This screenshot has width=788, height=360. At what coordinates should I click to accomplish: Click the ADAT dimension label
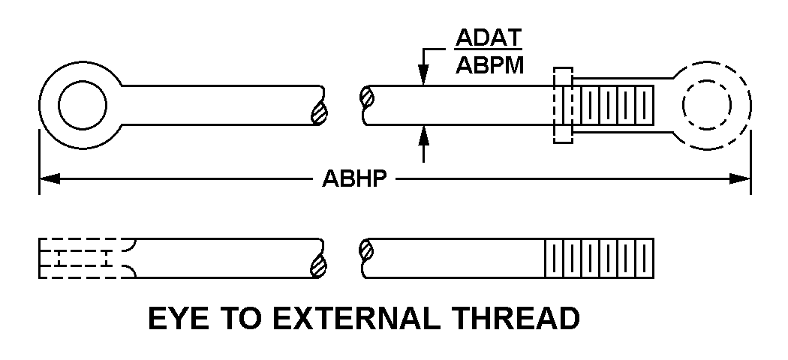coord(489,39)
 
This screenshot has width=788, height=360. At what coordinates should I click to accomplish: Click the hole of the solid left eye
coord(83,105)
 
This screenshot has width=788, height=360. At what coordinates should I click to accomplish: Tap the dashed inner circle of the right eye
coord(706,105)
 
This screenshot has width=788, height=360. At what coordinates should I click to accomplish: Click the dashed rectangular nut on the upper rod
coord(562,105)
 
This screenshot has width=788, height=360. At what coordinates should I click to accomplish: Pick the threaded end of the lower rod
coord(599,258)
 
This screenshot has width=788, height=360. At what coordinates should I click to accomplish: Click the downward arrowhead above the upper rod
coord(423,76)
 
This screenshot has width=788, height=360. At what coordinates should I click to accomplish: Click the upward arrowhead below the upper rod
coord(423,135)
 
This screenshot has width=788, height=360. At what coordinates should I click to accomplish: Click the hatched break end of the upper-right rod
coord(367,97)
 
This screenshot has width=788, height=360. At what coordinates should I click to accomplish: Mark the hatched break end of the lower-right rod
coord(367,250)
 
